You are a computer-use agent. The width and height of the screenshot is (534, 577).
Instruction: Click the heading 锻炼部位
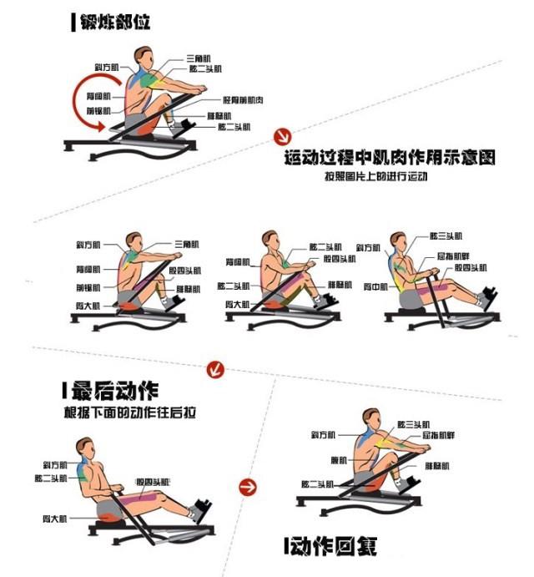coord(115,22)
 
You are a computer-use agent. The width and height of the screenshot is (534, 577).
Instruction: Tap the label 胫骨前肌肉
coord(242,99)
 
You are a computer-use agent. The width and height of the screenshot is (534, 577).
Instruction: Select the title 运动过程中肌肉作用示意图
coord(390,158)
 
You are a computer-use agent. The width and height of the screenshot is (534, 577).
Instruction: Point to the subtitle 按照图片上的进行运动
coord(378,176)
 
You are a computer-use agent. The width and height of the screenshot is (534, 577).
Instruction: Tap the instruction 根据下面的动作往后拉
coord(129,412)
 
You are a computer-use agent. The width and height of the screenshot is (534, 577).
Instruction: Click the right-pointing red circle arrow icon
coord(247,486)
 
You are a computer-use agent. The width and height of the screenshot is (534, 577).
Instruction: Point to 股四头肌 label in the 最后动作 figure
coord(152,482)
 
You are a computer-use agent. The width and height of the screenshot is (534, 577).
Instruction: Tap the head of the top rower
coord(143,56)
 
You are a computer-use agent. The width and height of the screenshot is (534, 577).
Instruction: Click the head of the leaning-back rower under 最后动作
coord(83,448)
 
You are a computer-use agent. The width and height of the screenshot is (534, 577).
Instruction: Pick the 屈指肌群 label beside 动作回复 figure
coord(439,435)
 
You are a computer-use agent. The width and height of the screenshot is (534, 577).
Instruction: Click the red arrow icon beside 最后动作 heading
coord(216,368)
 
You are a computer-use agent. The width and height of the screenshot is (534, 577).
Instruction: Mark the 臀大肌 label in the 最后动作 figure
coord(55,519)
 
